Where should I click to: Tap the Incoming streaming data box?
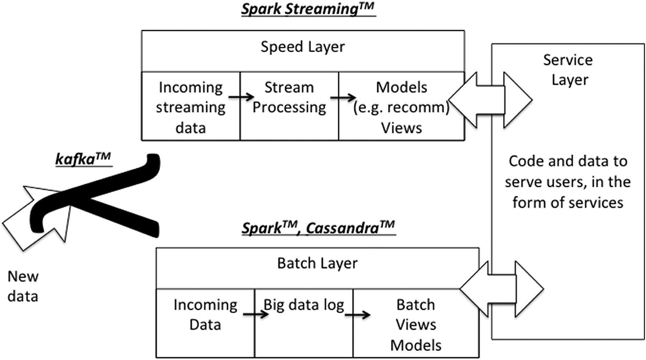click(x=190, y=107)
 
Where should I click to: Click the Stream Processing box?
click(x=289, y=107)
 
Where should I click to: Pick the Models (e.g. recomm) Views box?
click(x=401, y=107)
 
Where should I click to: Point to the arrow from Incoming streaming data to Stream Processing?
click(x=241, y=97)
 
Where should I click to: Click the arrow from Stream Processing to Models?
click(x=343, y=97)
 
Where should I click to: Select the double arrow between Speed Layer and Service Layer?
click(x=490, y=100)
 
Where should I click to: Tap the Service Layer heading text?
click(x=568, y=70)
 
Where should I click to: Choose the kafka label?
click(x=83, y=159)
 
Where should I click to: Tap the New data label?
click(x=23, y=286)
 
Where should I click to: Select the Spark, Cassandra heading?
click(x=318, y=228)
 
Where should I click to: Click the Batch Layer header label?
click(x=317, y=264)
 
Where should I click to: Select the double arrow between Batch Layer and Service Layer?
click(x=502, y=289)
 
